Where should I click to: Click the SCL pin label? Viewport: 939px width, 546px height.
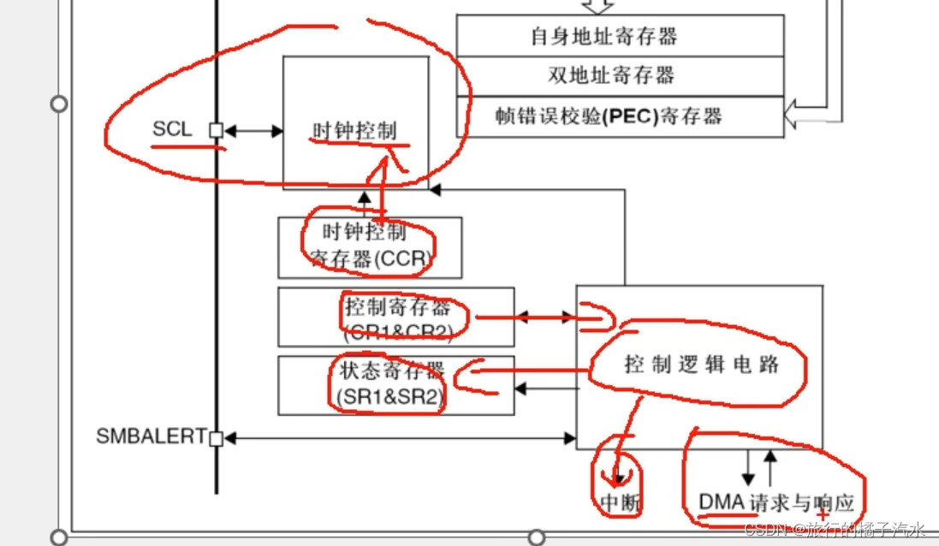click(172, 130)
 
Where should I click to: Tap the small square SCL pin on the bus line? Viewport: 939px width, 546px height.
click(217, 131)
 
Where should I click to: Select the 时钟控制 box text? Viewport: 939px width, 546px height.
click(354, 131)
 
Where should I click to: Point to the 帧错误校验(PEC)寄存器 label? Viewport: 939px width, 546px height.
click(609, 116)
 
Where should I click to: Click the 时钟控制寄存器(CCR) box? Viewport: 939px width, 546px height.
click(369, 246)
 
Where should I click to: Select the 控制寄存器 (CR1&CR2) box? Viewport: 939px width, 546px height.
click(395, 318)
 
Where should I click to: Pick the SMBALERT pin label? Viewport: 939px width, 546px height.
click(151, 436)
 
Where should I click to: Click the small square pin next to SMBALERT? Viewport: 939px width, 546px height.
click(217, 438)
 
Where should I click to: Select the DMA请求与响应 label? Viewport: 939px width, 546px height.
click(776, 502)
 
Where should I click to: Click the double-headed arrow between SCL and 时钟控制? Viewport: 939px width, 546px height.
click(253, 131)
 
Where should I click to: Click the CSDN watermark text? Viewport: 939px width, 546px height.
click(835, 530)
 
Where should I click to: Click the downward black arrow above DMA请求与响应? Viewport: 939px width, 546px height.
click(747, 468)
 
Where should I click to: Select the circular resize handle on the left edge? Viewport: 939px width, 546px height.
click(59, 104)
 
